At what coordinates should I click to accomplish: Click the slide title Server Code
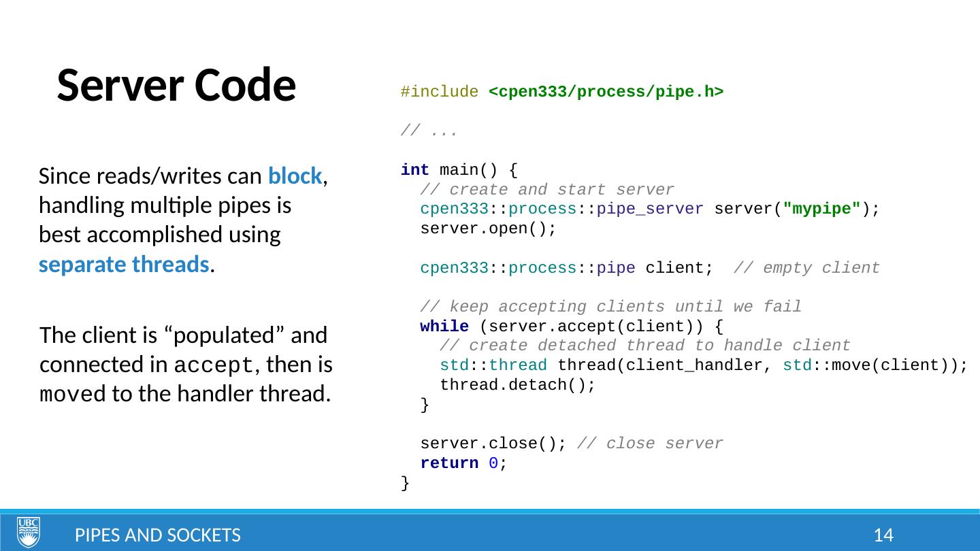[176, 86]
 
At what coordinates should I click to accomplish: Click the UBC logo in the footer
[29, 532]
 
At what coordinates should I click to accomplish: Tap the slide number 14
[883, 535]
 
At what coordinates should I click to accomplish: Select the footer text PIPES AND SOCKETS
[157, 535]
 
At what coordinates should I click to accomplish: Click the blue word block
[295, 176]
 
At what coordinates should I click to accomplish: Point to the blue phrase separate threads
[123, 265]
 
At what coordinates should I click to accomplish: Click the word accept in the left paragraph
[214, 365]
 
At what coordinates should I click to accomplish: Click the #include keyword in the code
[439, 92]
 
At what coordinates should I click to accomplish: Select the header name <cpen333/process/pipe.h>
[606, 92]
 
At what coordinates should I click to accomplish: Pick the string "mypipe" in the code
[822, 209]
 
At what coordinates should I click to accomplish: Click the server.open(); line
[488, 229]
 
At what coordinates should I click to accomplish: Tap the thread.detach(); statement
[518, 385]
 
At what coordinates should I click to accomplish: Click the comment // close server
[650, 444]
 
